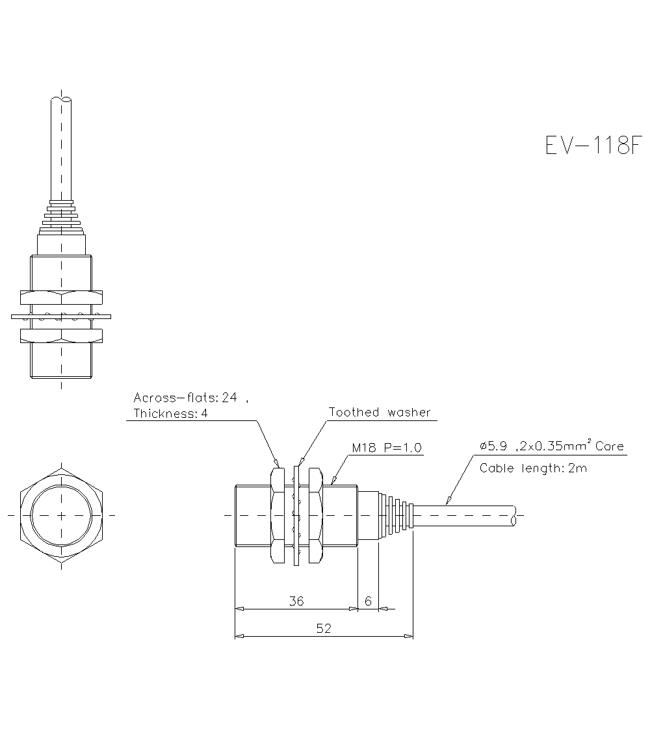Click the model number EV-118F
(588, 146)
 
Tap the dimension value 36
(296, 601)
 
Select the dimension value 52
(324, 628)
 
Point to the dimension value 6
(368, 601)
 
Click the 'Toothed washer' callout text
(380, 412)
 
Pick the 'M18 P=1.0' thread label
(387, 448)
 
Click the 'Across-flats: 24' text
(185, 397)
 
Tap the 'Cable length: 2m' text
(533, 468)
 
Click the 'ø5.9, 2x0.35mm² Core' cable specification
(551, 446)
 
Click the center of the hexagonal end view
(61, 515)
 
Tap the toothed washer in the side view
(297, 515)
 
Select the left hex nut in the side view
(277, 515)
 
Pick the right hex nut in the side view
(316, 515)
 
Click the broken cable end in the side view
(514, 515)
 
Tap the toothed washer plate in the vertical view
(61, 317)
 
